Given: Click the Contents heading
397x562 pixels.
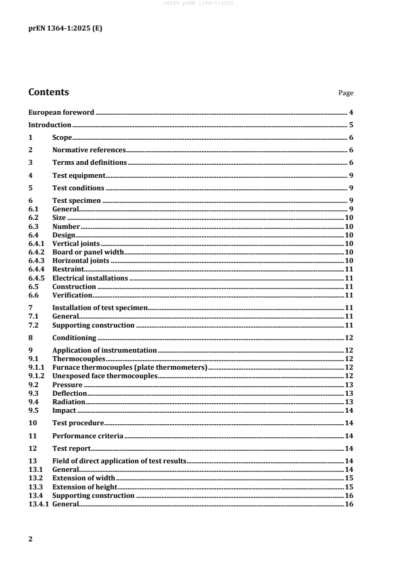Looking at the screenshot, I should pyautogui.click(x=49, y=92).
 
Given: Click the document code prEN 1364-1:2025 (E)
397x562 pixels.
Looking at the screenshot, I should pyautogui.click(x=65, y=29).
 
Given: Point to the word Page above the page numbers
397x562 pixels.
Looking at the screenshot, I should pyautogui.click(x=346, y=93).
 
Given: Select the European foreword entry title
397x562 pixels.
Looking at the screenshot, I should pyautogui.click(x=61, y=112).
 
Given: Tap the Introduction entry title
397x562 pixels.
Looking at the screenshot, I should pyautogui.click(x=50, y=125).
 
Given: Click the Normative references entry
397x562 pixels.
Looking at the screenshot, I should pyautogui.click(x=89, y=150).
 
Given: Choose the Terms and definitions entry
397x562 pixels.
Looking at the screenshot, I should pyautogui.click(x=90, y=162).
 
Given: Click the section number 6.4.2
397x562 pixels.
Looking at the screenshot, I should pyautogui.click(x=37, y=252).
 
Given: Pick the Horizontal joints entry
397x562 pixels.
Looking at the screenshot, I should pyautogui.click(x=81, y=260).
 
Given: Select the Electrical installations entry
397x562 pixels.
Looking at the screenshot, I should pyautogui.click(x=90, y=278).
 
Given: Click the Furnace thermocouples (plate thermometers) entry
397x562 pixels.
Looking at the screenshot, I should pyautogui.click(x=130, y=368).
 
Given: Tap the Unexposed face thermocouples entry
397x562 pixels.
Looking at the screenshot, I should pyautogui.click(x=105, y=376).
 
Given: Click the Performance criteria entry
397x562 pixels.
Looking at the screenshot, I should pyautogui.click(x=88, y=436).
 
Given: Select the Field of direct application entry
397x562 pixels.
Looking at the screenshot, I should pyautogui.click(x=119, y=461).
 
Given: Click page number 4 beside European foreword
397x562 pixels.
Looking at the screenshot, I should pyautogui.click(x=351, y=112).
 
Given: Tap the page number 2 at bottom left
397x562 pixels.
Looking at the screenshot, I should pyautogui.click(x=31, y=539).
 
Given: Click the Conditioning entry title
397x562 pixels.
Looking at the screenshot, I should pyautogui.click(x=74, y=338).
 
